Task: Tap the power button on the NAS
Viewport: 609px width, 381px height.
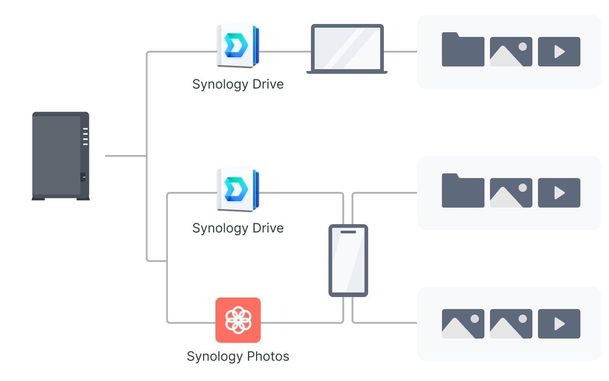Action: (x=83, y=177)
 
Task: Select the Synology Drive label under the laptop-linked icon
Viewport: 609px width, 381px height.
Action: (x=238, y=84)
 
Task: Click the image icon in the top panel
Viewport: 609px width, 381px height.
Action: (x=511, y=52)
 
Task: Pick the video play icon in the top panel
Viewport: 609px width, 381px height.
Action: (x=559, y=52)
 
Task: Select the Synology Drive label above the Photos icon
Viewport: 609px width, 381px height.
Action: (x=238, y=228)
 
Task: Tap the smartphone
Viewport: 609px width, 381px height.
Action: (x=348, y=261)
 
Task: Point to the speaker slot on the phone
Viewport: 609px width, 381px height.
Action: (x=348, y=232)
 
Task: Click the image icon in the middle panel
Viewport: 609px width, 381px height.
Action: (x=511, y=193)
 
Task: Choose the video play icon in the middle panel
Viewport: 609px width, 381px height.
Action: (x=559, y=193)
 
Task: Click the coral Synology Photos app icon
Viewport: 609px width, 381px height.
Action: (x=238, y=320)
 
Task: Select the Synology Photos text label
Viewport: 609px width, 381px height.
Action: (x=238, y=357)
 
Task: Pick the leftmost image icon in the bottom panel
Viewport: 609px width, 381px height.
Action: (x=463, y=324)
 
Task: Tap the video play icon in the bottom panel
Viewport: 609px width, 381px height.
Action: (x=559, y=324)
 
